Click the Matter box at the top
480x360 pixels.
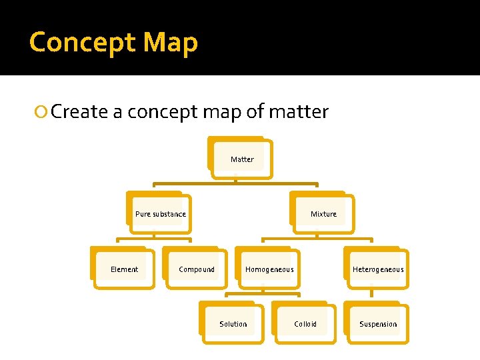pyautogui.click(x=242, y=159)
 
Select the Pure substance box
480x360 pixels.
pyautogui.click(x=161, y=214)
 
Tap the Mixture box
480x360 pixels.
pyautogui.click(x=323, y=214)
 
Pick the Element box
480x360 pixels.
pyautogui.click(x=124, y=269)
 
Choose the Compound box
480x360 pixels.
pyautogui.click(x=197, y=269)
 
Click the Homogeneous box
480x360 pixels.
pyautogui.click(x=269, y=269)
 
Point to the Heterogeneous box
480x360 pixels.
pyautogui.click(x=378, y=269)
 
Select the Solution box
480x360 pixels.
pyautogui.click(x=233, y=324)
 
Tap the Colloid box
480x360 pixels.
pyautogui.click(x=305, y=324)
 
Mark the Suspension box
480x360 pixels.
pyautogui.click(x=378, y=324)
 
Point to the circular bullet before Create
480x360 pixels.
pyautogui.click(x=43, y=112)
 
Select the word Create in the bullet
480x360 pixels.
pyautogui.click(x=79, y=111)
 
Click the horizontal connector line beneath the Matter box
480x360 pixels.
pyautogui.click(x=235, y=184)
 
